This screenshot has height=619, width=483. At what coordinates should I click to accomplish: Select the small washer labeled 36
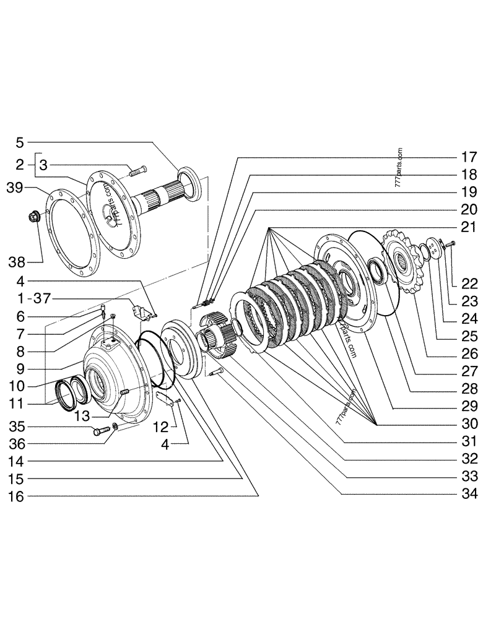(116, 427)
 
